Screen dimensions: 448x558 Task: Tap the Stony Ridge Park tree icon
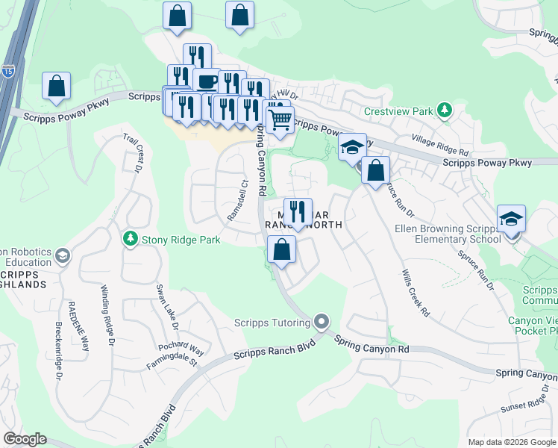pyautogui.click(x=131, y=238)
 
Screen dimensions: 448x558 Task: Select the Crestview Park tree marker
pyautogui.click(x=445, y=111)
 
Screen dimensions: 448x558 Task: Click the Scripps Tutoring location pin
pyautogui.click(x=322, y=322)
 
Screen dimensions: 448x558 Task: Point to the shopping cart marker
pyautogui.click(x=279, y=119)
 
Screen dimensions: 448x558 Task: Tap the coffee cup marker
pyautogui.click(x=206, y=81)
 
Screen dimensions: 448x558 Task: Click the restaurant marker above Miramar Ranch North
pyautogui.click(x=297, y=211)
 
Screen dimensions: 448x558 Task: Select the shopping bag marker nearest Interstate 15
pyautogui.click(x=57, y=87)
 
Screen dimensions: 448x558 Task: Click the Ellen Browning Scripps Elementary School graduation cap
pyautogui.click(x=512, y=219)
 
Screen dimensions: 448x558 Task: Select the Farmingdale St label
pyautogui.click(x=172, y=362)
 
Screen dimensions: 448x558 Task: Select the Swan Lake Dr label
pyautogui.click(x=166, y=307)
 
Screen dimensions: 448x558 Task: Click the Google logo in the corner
pyautogui.click(x=25, y=439)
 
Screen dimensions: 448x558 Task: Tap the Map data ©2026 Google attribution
pyautogui.click(x=511, y=442)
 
